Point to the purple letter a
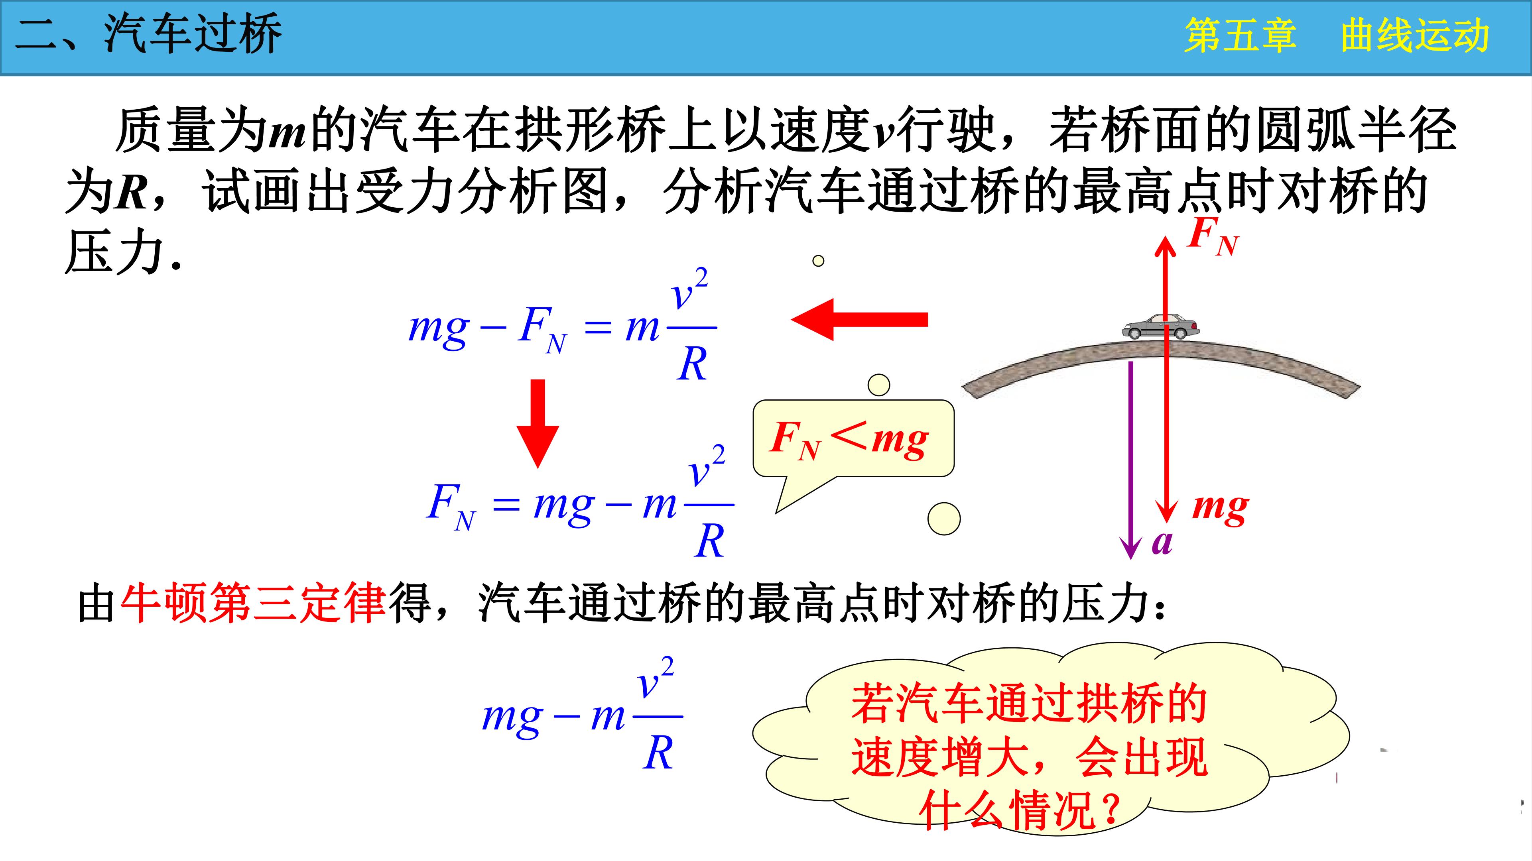[x=1162, y=542]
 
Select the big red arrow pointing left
[x=859, y=319]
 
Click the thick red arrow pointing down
[x=538, y=423]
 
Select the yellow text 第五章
[x=1240, y=36]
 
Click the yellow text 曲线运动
[x=1416, y=36]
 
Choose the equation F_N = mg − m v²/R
[x=580, y=501]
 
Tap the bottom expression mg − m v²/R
[x=583, y=714]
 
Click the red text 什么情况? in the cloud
[x=1020, y=810]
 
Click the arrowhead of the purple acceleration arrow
[x=1130, y=548]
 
